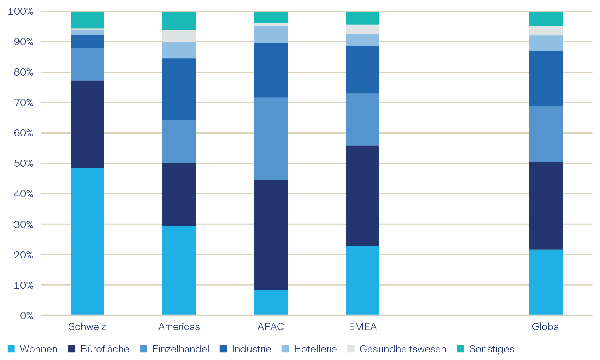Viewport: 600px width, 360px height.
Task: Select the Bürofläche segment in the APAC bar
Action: coord(271,234)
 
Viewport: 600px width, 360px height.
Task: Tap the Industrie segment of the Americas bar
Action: coord(179,89)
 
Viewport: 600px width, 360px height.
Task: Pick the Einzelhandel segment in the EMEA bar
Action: coord(362,119)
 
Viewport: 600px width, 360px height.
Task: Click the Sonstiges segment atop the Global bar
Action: coord(546,19)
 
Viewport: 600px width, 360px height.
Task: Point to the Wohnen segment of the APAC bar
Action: coord(271,302)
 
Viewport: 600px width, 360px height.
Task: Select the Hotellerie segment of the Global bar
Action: coord(546,43)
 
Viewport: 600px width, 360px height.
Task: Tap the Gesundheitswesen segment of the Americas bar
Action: coord(179,36)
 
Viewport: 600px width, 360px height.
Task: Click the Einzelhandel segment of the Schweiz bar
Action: coord(88,64)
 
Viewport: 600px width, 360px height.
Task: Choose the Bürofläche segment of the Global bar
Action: coord(546,206)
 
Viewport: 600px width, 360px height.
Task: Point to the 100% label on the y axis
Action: coord(21,12)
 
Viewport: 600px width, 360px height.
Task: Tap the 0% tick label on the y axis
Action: coord(26,316)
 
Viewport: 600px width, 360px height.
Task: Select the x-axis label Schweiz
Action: coord(87,327)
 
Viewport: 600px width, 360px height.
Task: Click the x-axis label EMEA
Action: coord(363,327)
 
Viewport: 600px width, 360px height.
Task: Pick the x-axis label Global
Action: coord(546,327)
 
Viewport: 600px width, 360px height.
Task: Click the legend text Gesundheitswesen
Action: coord(403,349)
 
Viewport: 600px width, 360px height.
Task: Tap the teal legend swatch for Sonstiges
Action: coord(461,349)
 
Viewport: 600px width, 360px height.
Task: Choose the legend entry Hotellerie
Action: coord(315,349)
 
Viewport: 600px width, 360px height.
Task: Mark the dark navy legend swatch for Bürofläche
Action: coord(72,349)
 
